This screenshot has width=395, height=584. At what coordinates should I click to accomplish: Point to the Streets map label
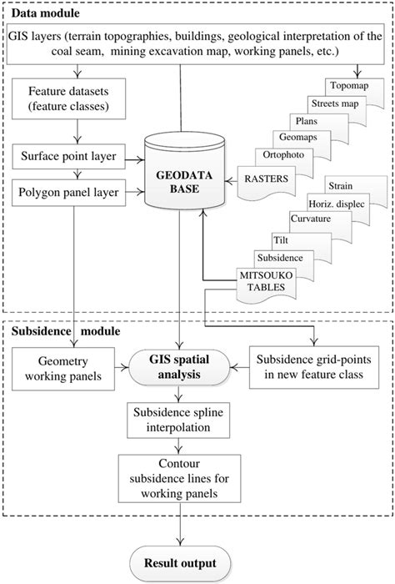coord(333,103)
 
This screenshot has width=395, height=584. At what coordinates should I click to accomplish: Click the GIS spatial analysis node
coord(179,368)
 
